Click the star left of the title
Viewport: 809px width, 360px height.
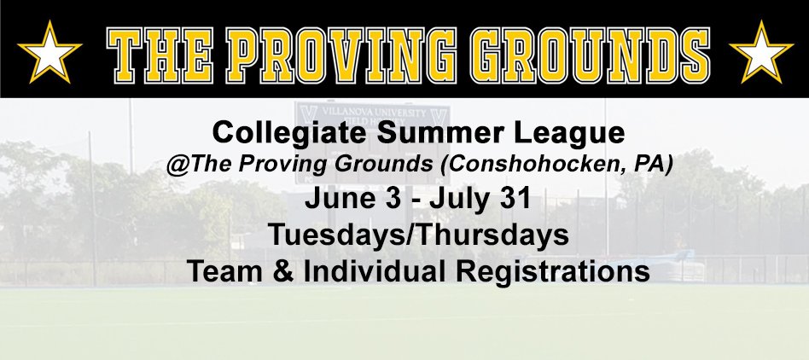[x=49, y=53]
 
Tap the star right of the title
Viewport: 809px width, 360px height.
[x=761, y=53]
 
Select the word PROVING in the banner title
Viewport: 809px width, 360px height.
[x=341, y=55]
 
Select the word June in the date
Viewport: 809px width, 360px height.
[x=336, y=199]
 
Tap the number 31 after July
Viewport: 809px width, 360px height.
[x=515, y=199]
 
